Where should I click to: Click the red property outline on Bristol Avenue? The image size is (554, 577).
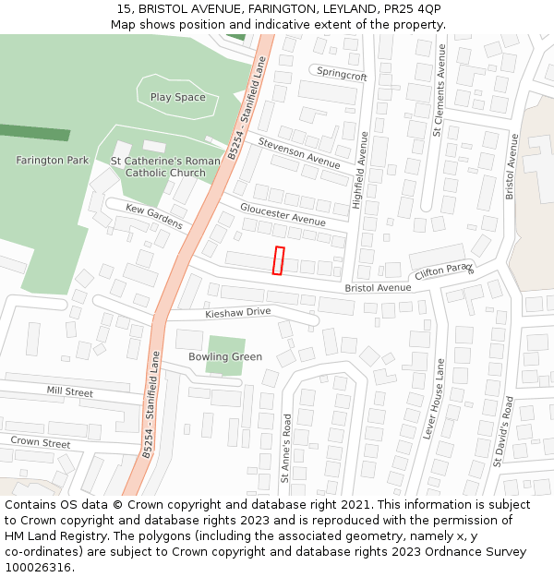coord(279,260)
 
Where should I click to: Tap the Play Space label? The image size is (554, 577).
coord(178,97)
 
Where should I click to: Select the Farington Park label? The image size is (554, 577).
coord(53,160)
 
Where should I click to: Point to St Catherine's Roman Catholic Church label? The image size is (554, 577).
coord(165,166)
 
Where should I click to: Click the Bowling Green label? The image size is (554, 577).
coord(225,356)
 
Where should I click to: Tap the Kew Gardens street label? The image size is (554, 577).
coord(154,218)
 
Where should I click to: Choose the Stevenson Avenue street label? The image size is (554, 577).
coord(299,153)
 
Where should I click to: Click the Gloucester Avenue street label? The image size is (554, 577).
coord(283,214)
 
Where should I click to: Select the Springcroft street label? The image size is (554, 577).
coord(342,74)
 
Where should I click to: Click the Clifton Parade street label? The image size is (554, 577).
coord(444,271)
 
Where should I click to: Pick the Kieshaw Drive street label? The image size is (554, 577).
coord(238,312)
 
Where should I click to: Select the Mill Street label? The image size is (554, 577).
coord(70,391)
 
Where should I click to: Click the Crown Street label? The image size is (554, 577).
coord(41,442)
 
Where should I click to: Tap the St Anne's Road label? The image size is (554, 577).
coord(286,448)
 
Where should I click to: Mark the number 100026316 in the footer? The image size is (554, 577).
coord(38,568)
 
